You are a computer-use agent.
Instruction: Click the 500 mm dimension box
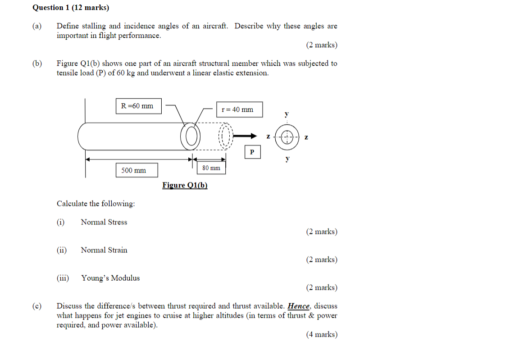pos(133,170)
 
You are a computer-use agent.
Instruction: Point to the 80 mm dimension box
pos(211,168)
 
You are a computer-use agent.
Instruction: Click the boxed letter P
pos(252,152)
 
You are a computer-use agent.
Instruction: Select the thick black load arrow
pos(247,135)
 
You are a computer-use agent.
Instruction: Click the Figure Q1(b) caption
pos(185,185)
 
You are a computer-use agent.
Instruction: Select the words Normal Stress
pos(104,222)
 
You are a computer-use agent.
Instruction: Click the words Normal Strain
pos(104,250)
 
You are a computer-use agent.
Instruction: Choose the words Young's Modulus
pos(110,278)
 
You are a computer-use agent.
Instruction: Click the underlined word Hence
pos(299,306)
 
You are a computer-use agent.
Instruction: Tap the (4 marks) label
pos(322,334)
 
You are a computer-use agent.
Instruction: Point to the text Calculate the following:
pos(96,204)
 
